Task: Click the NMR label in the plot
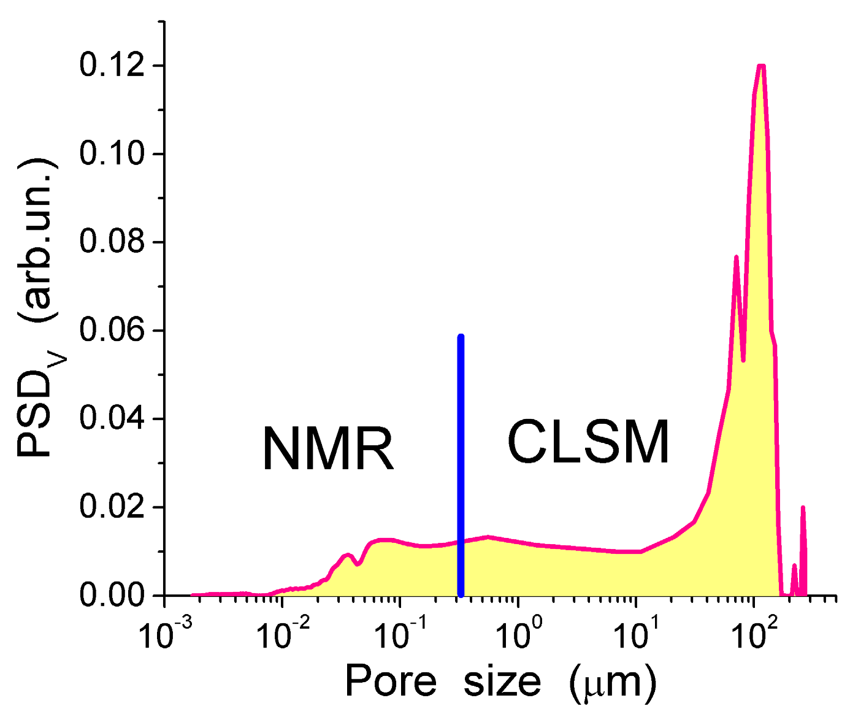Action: tap(328, 450)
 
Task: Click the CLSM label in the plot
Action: tap(589, 442)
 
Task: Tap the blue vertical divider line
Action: tap(461, 466)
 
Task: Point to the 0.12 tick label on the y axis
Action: tap(112, 66)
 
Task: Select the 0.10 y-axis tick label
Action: tap(112, 154)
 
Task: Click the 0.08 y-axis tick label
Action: tap(112, 242)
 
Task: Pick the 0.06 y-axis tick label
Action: tap(112, 331)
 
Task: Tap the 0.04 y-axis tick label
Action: tap(112, 419)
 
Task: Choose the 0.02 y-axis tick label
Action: tap(112, 507)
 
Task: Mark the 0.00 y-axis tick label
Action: tap(112, 596)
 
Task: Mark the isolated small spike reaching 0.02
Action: tap(803, 509)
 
